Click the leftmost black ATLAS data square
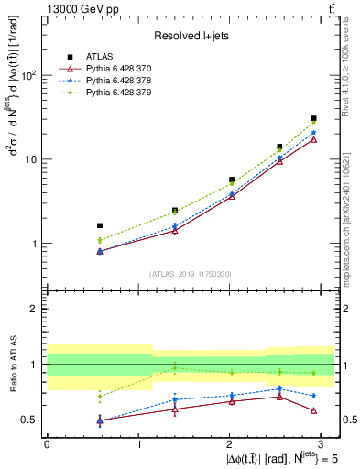tap(100, 225)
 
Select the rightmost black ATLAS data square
tap(313, 118)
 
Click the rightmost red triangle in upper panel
tap(313, 139)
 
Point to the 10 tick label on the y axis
tap(32, 159)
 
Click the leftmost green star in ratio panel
tap(100, 397)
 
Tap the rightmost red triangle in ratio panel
tap(313, 410)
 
